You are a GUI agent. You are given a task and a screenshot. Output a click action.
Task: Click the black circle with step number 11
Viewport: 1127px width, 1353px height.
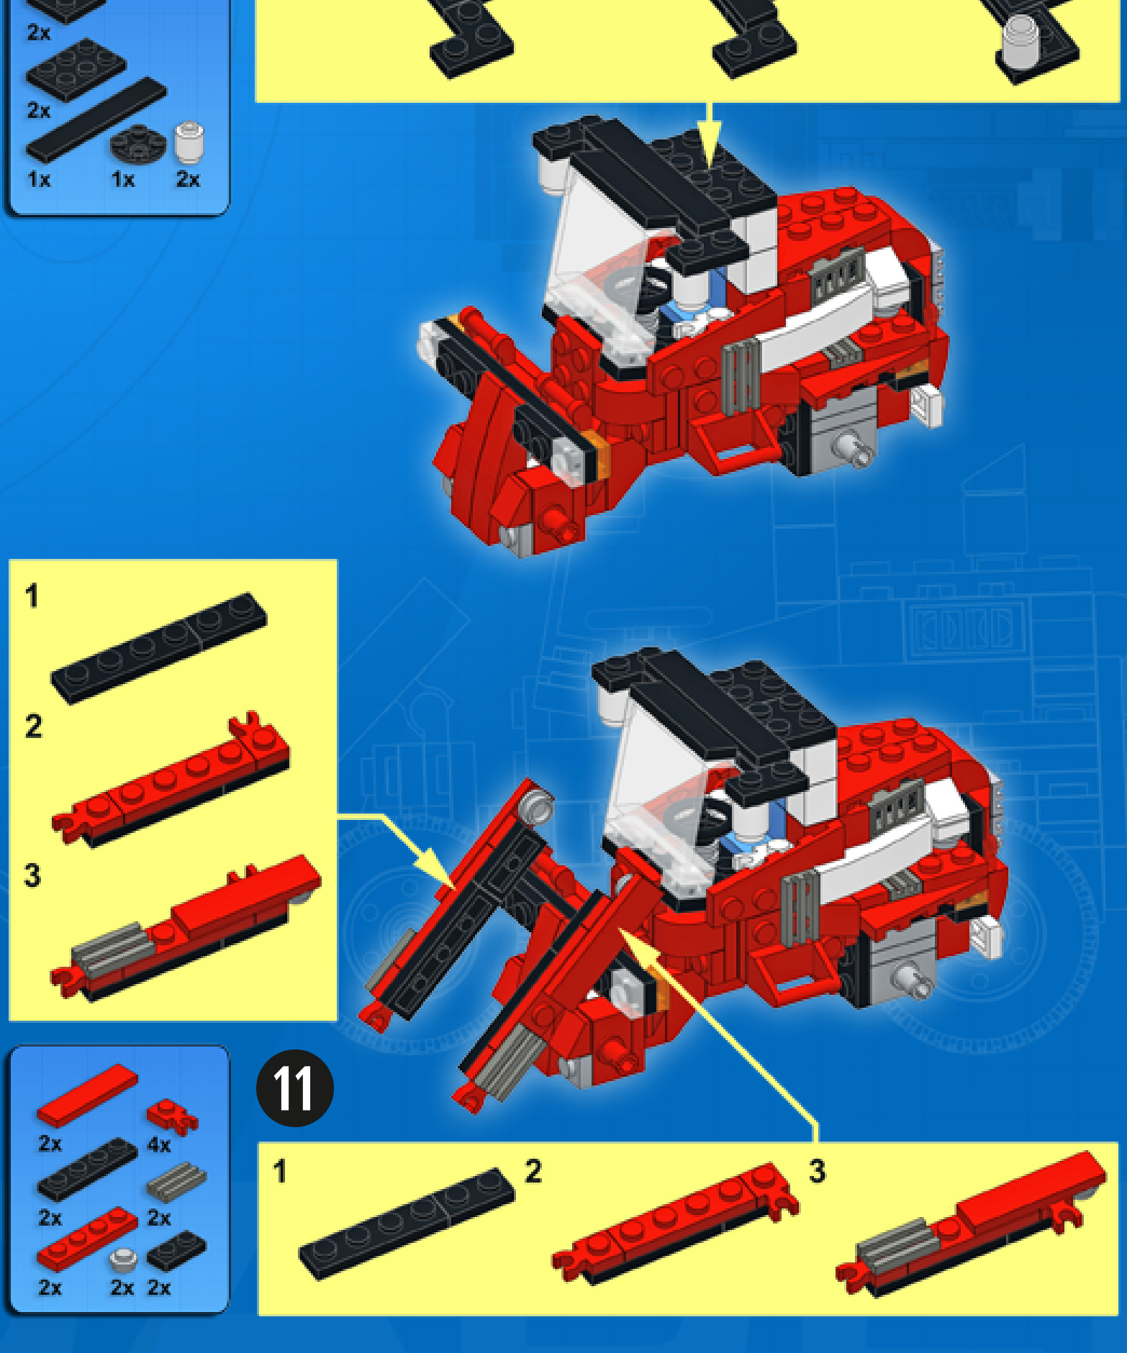click(295, 1088)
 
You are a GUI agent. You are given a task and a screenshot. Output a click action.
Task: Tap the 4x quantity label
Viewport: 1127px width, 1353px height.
click(159, 1144)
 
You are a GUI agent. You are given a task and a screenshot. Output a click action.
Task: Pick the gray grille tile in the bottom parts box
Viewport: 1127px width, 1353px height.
click(176, 1182)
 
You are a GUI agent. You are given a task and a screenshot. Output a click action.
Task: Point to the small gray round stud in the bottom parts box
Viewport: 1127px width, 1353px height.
click(124, 1259)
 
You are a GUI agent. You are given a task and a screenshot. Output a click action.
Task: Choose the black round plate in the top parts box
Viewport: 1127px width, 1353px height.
click(138, 142)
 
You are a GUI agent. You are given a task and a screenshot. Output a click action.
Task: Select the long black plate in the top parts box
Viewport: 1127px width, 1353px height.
click(96, 119)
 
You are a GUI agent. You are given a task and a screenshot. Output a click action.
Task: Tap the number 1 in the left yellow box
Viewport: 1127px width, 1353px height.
click(31, 596)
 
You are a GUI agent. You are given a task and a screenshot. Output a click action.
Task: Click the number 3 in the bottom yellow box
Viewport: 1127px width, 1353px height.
click(817, 1171)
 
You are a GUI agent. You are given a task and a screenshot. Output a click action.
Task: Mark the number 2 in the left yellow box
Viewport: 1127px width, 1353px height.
click(33, 726)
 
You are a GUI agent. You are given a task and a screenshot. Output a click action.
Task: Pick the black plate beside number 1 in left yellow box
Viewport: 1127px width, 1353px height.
click(158, 647)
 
